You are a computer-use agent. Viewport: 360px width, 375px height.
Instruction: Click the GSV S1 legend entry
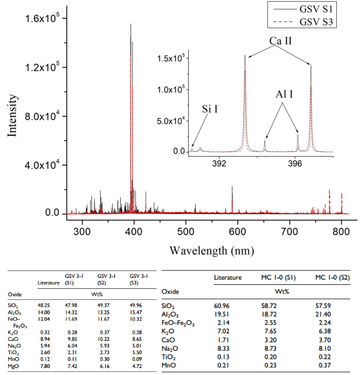314,10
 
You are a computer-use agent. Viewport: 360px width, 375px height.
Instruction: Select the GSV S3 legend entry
314,23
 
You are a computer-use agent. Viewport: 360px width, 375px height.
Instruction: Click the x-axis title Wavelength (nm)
212,251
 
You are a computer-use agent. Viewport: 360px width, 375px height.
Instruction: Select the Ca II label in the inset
280,42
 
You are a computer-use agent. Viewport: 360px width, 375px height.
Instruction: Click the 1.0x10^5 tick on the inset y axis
170,90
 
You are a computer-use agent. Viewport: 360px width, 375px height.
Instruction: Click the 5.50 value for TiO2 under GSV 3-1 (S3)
136,351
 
